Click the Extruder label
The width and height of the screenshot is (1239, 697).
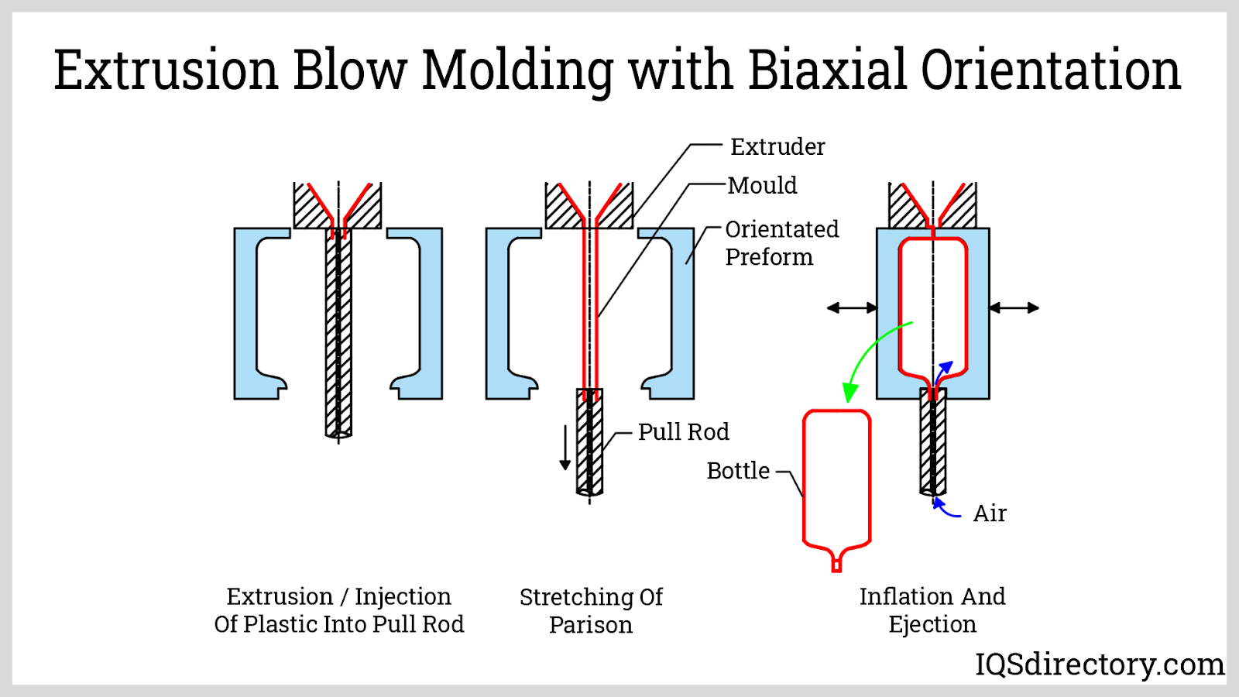click(x=777, y=146)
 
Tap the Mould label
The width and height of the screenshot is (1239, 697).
click(x=763, y=185)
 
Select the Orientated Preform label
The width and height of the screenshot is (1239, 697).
click(x=781, y=242)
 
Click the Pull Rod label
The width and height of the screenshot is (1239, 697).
click(x=683, y=431)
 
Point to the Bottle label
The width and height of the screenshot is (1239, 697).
click(x=738, y=470)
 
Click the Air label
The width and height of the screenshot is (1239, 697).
click(x=989, y=513)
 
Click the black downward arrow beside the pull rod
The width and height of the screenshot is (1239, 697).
click(x=565, y=448)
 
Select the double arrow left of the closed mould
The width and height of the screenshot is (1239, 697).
click(x=852, y=308)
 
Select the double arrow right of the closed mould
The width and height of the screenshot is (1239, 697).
click(x=1014, y=308)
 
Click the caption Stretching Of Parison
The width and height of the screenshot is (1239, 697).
click(x=591, y=610)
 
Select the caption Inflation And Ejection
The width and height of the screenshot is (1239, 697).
click(x=932, y=609)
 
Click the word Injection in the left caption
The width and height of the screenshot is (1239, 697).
click(x=403, y=596)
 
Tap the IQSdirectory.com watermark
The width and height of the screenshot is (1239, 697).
click(x=1099, y=664)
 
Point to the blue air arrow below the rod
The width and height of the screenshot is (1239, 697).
click(x=946, y=510)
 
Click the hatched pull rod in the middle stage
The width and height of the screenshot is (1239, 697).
click(x=589, y=441)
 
